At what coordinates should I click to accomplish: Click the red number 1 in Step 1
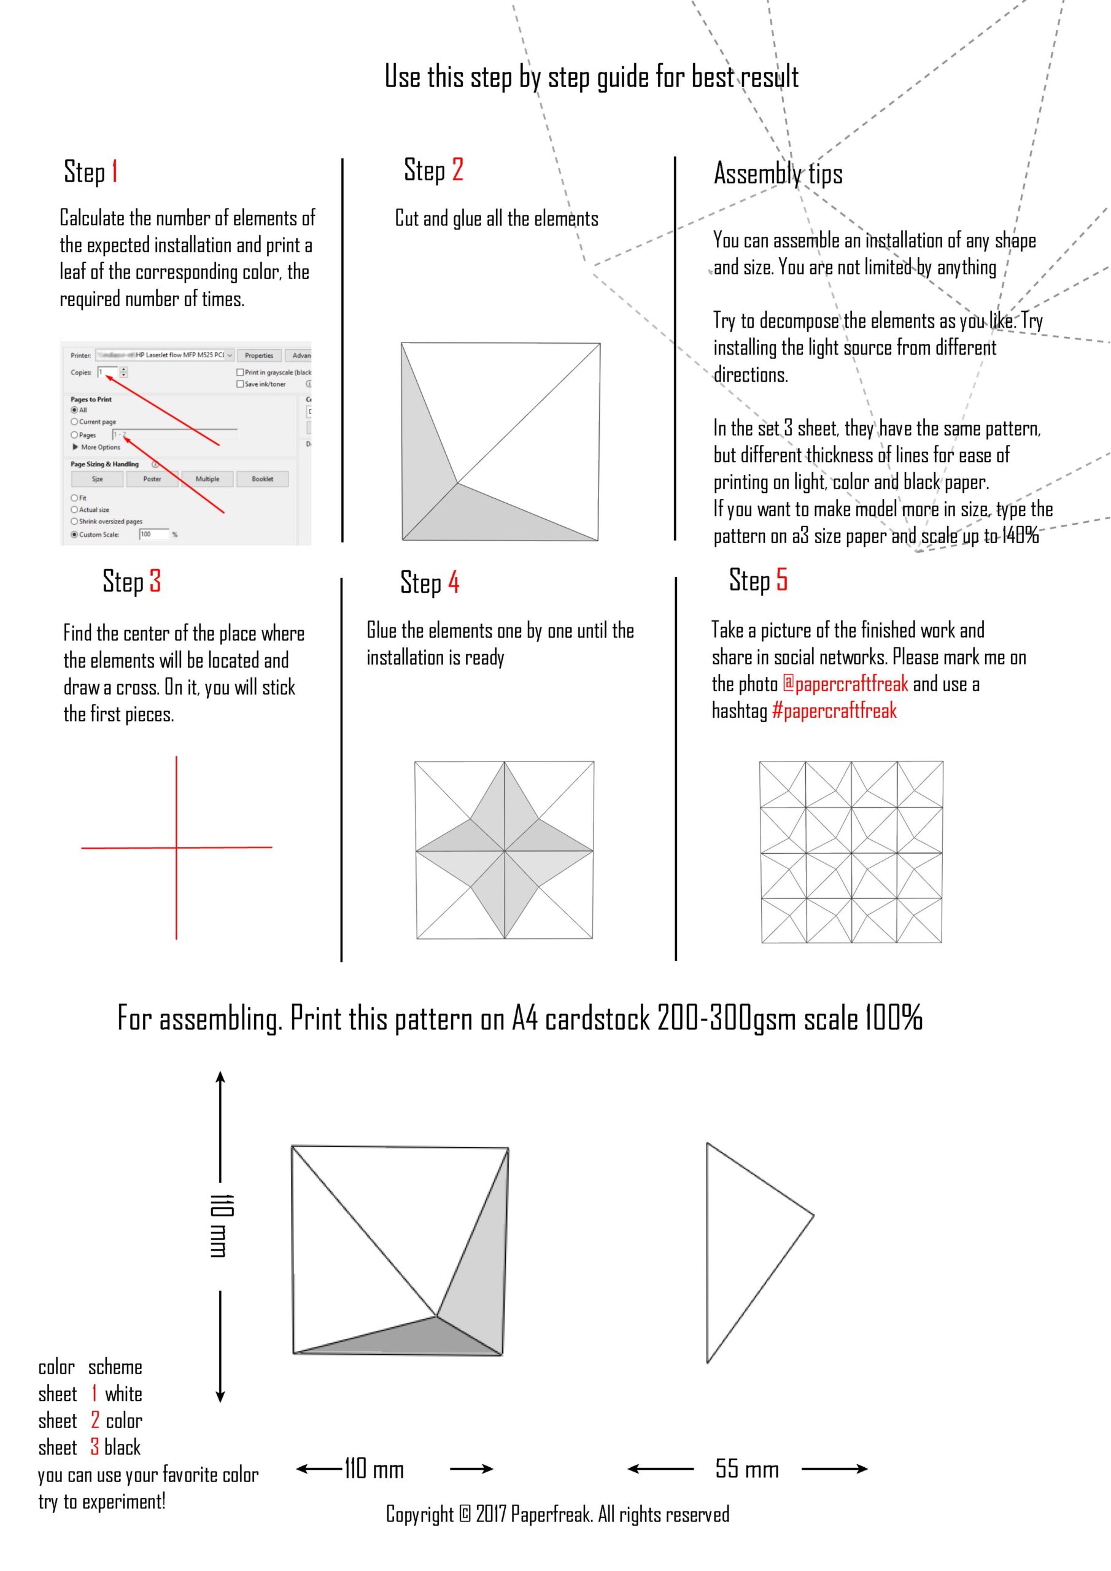pos(114,172)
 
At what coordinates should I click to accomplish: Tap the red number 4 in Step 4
pos(453,582)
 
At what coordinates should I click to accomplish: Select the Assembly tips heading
pos(778,174)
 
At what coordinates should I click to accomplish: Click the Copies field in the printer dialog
pos(108,372)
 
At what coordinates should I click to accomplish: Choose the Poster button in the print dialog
pos(152,479)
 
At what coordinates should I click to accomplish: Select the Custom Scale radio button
pos(75,535)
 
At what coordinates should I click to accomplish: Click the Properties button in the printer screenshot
pos(259,355)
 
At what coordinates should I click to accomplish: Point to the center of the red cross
pos(177,847)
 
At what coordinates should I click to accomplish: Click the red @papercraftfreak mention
pos(845,684)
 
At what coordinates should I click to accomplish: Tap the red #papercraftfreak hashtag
pos(834,711)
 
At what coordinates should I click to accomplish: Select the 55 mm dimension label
pos(747,1469)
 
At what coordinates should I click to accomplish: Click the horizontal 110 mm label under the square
pos(374,1469)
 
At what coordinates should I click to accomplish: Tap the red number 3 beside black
pos(95,1447)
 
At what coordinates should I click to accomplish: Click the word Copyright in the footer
pos(419,1514)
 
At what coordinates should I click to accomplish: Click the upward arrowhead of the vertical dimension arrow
pos(220,1077)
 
